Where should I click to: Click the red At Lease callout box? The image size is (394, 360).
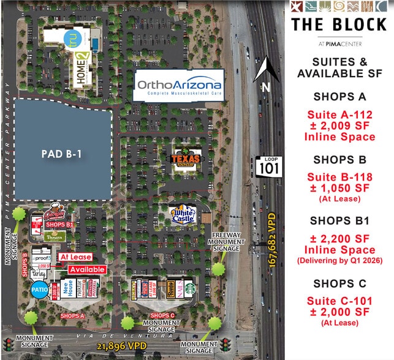click(75, 258)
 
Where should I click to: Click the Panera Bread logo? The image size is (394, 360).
click(56, 236)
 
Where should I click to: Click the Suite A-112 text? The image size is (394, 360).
click(339, 113)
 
